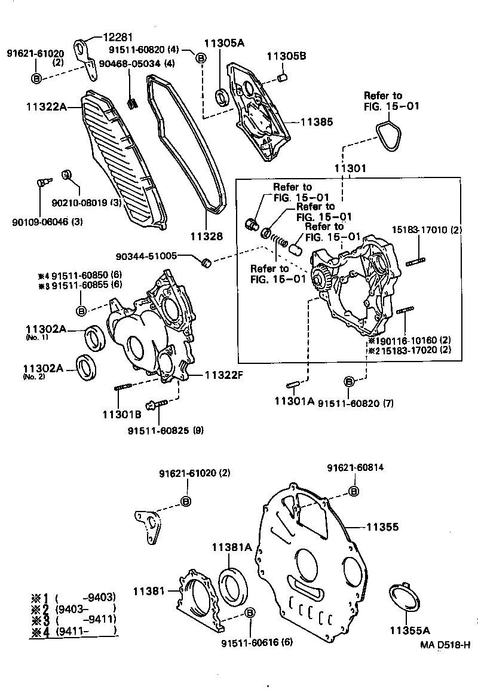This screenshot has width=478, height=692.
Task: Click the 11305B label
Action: pos(286,57)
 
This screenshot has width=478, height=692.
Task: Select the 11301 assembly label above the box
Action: pos(350,169)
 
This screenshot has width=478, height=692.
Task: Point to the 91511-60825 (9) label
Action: pos(167,430)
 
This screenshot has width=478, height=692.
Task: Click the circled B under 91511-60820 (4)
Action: pos(201,58)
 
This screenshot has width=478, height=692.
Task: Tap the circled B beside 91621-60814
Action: pos(353,491)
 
